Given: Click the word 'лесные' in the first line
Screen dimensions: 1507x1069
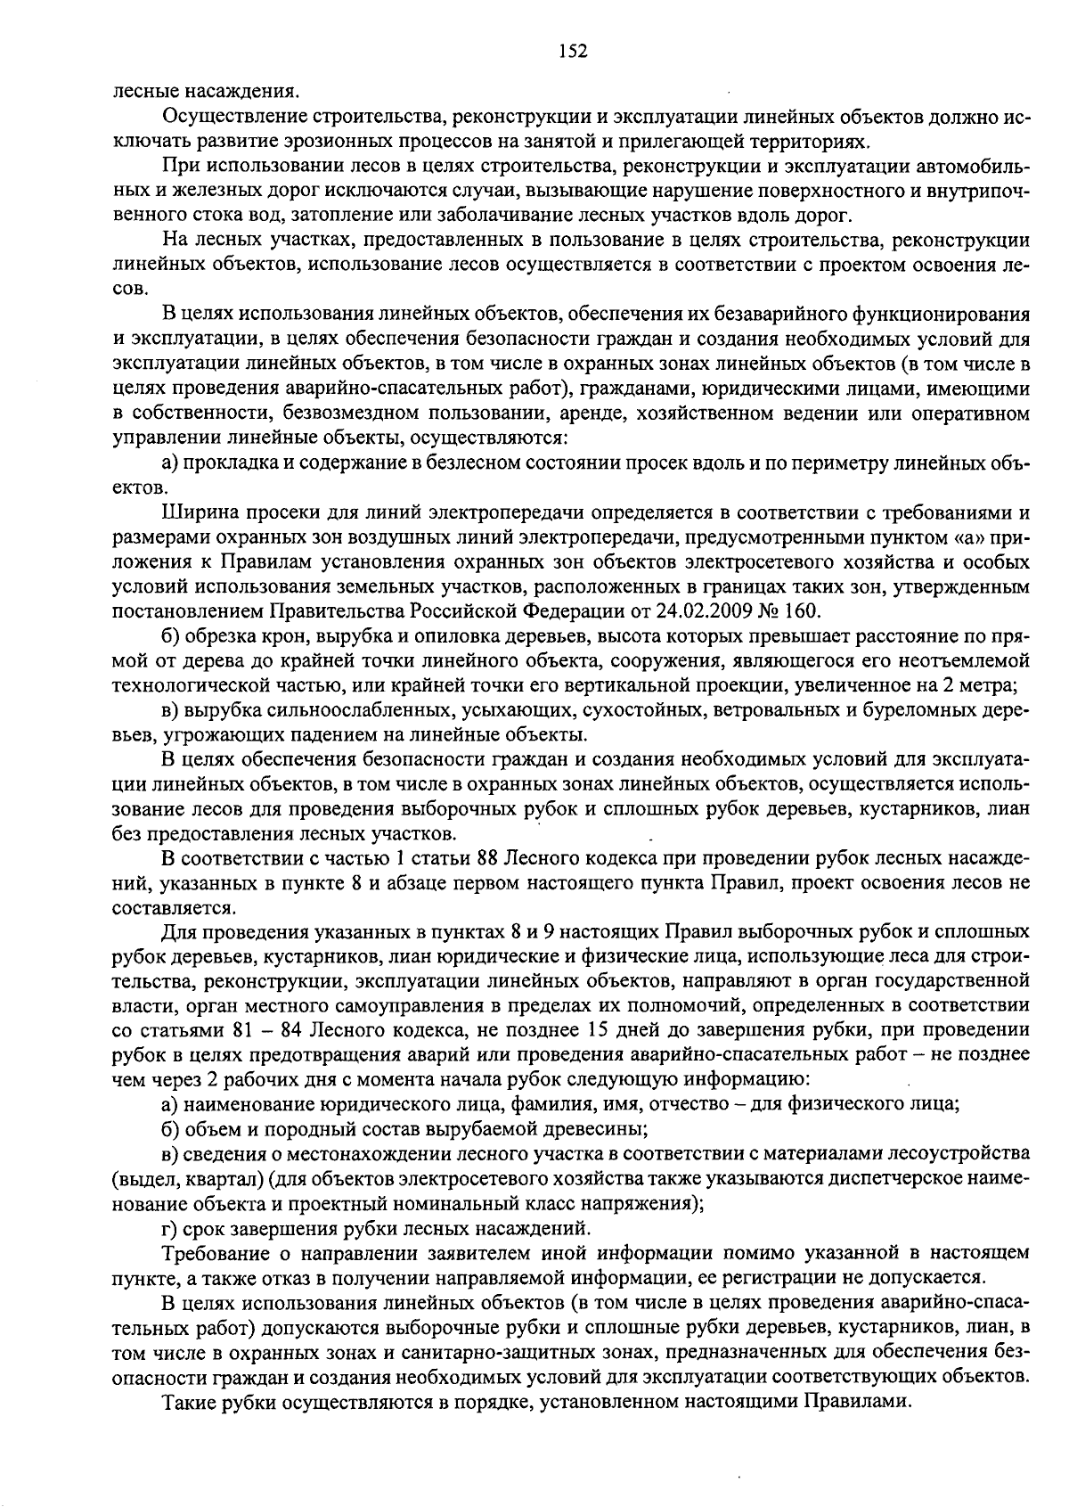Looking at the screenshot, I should tap(141, 91).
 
